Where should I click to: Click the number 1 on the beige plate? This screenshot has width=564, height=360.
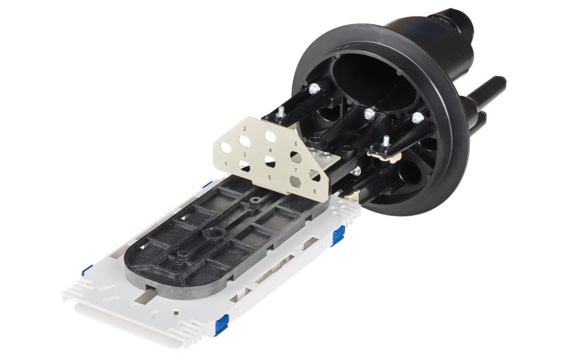click(226, 164)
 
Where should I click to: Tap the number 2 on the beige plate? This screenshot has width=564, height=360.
click(245, 129)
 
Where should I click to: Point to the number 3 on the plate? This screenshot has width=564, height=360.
click(244, 155)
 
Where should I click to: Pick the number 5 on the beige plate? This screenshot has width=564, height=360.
click(270, 177)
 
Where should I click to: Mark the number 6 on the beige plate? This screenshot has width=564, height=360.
click(296, 144)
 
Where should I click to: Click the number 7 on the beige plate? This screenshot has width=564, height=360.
click(296, 170)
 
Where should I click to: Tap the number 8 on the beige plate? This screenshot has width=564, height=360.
click(314, 191)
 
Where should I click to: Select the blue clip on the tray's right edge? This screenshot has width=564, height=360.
click(337, 238)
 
